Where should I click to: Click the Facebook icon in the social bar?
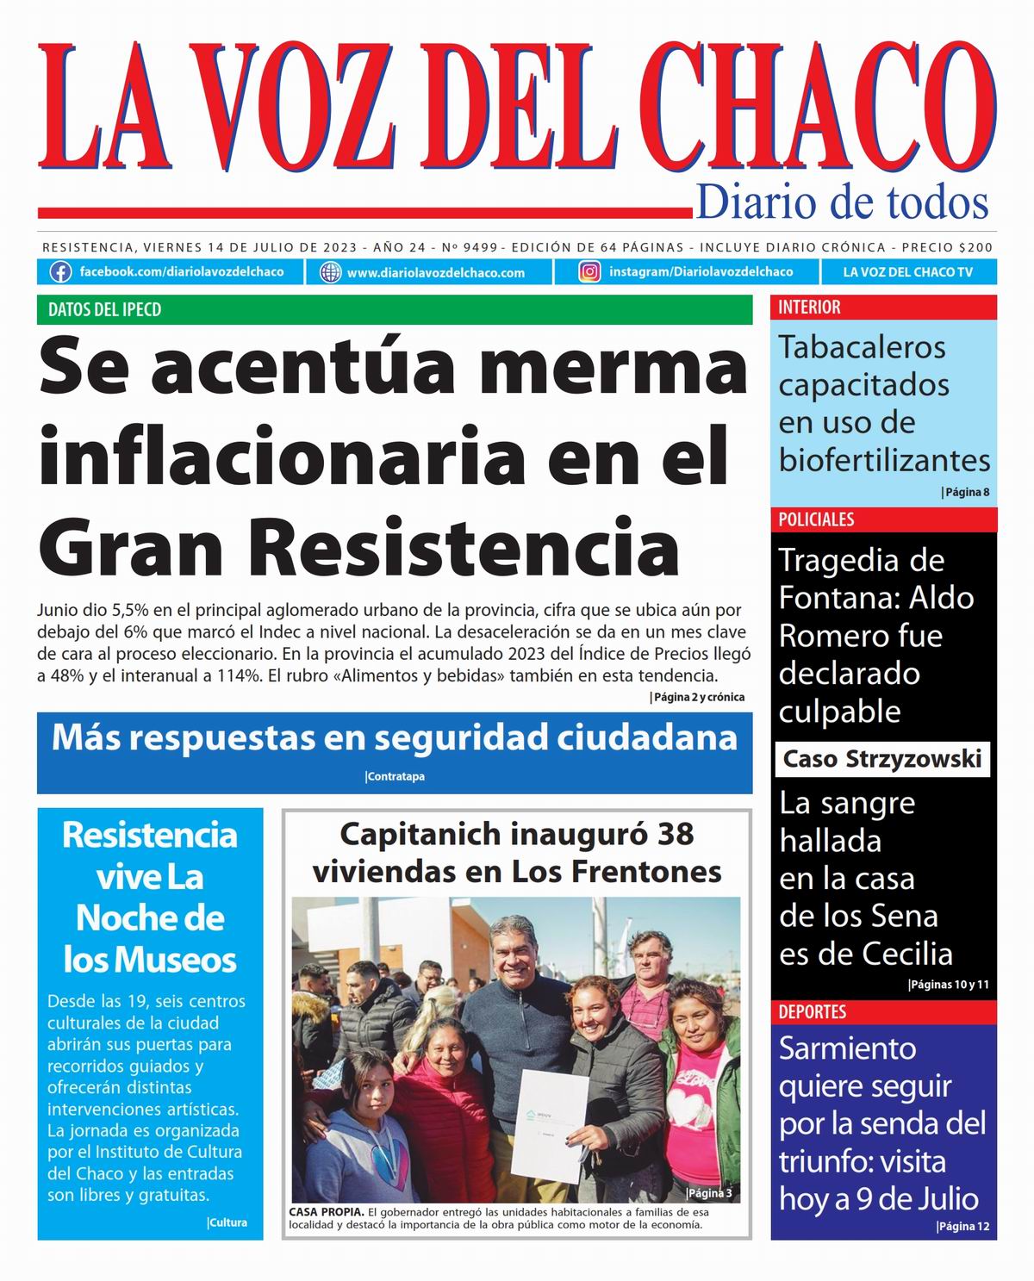[x=60, y=272]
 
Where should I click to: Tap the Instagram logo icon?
[x=589, y=272]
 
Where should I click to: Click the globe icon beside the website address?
[x=330, y=272]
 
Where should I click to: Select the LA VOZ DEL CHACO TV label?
[x=907, y=272]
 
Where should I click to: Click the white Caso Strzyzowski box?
[x=881, y=759]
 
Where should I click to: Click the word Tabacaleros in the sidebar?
[x=850, y=347]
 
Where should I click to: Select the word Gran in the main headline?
[x=115, y=548]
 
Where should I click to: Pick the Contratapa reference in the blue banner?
[x=396, y=776]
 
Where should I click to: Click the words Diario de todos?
[x=841, y=202]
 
